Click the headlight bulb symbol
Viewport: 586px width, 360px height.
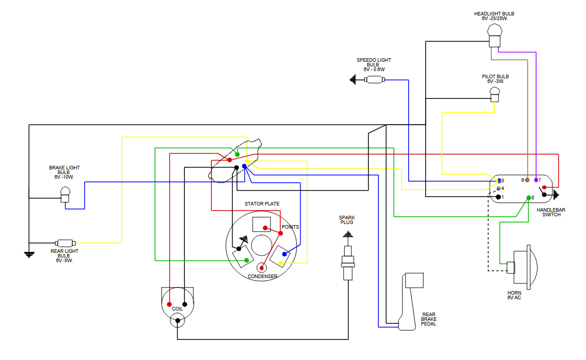494,36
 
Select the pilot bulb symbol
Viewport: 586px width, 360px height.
494,94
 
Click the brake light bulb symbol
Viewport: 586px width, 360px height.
65,195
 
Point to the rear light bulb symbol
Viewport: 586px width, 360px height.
65,243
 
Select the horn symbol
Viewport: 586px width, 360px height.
522,267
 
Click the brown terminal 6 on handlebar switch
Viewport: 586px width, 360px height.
527,180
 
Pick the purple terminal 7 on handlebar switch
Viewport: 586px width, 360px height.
536,180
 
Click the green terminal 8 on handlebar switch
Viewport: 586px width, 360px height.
529,198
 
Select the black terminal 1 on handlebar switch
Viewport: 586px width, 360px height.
498,197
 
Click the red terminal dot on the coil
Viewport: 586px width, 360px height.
169,304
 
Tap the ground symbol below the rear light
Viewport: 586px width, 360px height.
29,255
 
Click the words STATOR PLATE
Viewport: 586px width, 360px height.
262,204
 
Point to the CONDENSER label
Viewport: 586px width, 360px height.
262,277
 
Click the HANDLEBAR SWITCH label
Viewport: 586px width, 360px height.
551,212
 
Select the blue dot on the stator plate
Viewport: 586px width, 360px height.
284,254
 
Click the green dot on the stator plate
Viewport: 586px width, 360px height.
247,260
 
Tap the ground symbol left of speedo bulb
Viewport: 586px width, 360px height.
353,79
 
